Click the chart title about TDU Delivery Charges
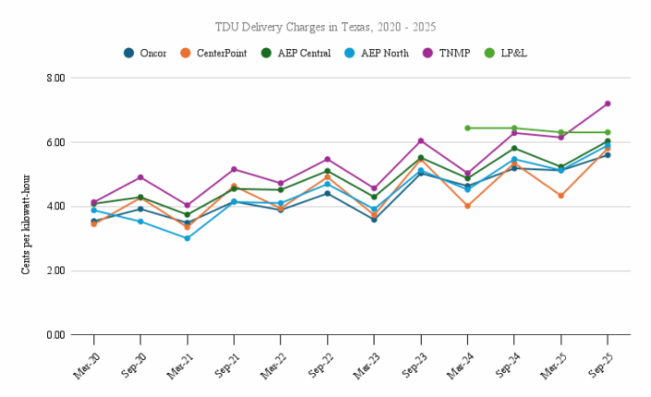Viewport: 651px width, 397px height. [x=325, y=28]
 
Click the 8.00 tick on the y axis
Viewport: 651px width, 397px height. [x=54, y=78]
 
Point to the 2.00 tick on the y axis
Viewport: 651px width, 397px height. [x=54, y=271]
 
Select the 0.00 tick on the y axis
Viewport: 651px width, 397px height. [x=54, y=335]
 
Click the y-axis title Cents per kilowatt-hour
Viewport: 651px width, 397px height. [x=26, y=206]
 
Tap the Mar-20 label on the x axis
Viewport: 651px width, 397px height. [x=85, y=360]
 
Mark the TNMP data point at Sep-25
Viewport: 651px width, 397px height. [x=608, y=103]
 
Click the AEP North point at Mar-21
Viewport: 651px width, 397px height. [x=187, y=238]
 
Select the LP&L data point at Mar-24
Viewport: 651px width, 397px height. [x=467, y=128]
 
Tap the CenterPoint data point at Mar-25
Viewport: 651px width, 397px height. [x=561, y=196]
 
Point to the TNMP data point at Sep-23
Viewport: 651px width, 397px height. [x=421, y=141]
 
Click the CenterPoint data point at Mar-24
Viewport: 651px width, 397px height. [x=467, y=206]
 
